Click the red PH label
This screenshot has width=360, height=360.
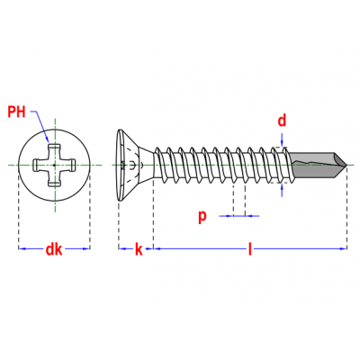coord(16,112)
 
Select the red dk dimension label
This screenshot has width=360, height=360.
coord(54,249)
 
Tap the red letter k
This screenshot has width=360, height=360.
coord(139,249)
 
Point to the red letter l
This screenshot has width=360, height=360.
coord(250,249)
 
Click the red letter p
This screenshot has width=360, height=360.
coord(202,217)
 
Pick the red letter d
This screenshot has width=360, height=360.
coord(282,121)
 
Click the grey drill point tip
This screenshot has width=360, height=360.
coord(346,165)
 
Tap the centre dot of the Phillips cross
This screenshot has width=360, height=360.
coord(54,165)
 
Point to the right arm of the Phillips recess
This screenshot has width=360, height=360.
coord(68,165)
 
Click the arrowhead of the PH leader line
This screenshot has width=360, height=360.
coord(47,139)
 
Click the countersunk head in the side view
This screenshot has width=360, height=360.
coord(132,165)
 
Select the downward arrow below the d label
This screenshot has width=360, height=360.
coord(282,140)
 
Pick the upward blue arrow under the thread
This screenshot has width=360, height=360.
coord(282,190)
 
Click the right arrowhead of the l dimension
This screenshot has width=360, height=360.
coord(343,248)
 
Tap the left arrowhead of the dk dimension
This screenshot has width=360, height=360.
coord(22,248)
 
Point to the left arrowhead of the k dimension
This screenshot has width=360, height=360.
coord(122,248)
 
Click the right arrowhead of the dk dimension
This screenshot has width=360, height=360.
coord(85,248)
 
